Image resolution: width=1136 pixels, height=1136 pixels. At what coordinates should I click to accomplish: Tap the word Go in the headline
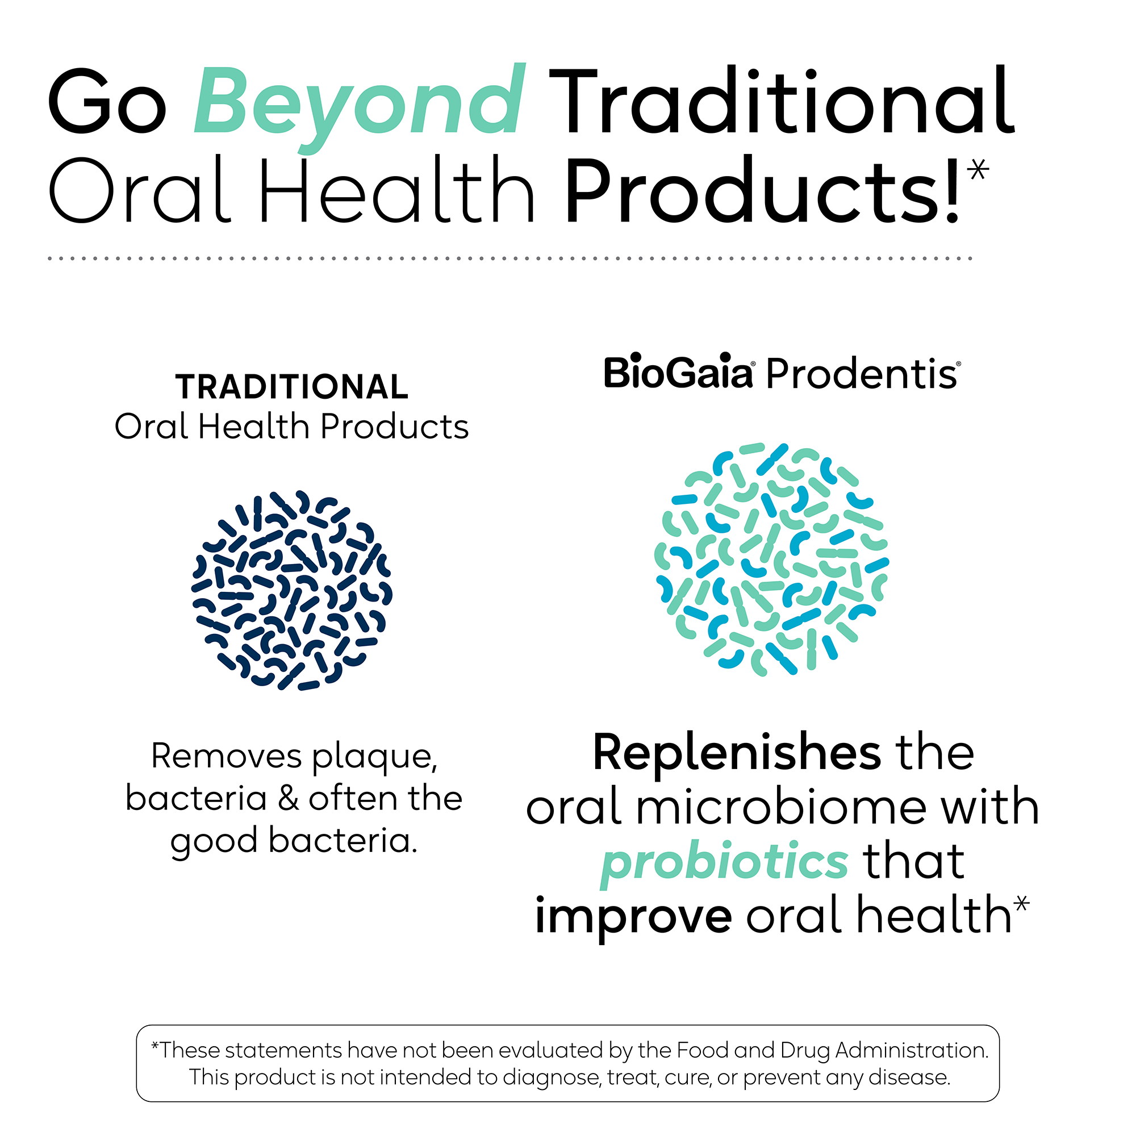click(x=107, y=101)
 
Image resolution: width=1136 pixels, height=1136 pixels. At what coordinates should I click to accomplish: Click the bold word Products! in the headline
click(x=762, y=191)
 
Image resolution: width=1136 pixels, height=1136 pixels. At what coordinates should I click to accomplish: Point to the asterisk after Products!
click(x=978, y=170)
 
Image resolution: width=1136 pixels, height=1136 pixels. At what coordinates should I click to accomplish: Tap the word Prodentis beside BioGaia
click(x=862, y=374)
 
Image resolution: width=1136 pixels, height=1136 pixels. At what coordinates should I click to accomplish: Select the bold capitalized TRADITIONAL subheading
click(x=291, y=387)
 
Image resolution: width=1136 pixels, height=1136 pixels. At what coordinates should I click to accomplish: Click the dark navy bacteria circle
click(x=292, y=590)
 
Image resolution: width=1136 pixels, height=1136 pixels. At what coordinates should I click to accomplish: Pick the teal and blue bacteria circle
click(x=771, y=558)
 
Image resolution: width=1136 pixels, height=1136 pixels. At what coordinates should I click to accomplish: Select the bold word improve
click(x=633, y=916)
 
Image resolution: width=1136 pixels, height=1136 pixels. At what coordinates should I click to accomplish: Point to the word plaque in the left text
click(x=374, y=758)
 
